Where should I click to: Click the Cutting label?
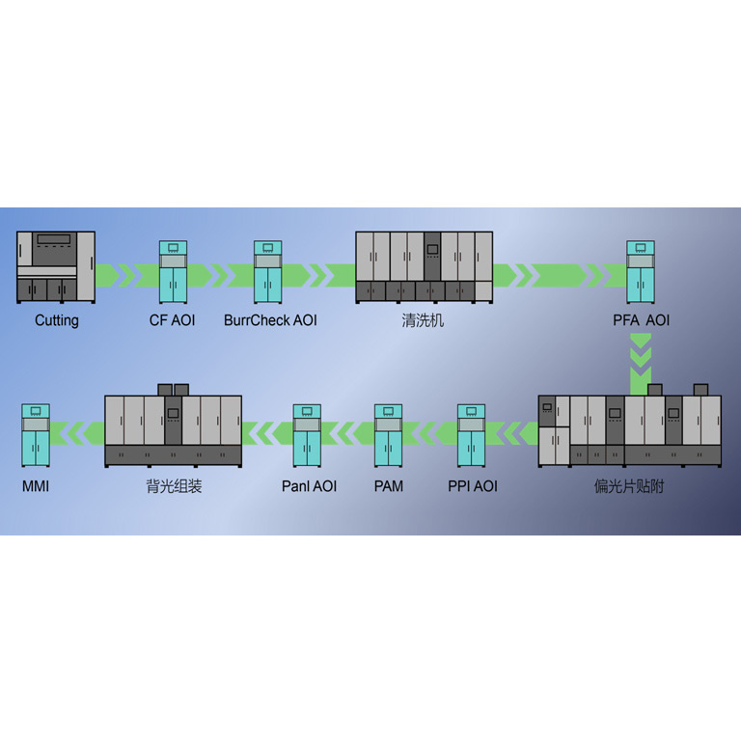pos(57,320)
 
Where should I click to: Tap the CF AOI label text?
pos(172,320)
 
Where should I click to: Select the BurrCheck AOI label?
pos(270,320)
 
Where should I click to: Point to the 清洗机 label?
pos(423,320)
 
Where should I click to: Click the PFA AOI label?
pos(641,320)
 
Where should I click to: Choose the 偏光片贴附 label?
pos(629,486)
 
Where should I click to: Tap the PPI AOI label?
pos(473,486)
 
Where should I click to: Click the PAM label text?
pos(388,486)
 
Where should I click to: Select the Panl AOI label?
pos(309,486)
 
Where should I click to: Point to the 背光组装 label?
pos(174,486)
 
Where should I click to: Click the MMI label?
pos(36,486)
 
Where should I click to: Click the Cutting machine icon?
pos(56,265)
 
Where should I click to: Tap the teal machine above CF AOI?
pos(173,271)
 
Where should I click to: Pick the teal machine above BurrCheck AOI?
pos(267,271)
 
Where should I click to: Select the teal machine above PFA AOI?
pos(641,271)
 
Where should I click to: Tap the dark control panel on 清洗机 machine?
pos(432,256)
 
